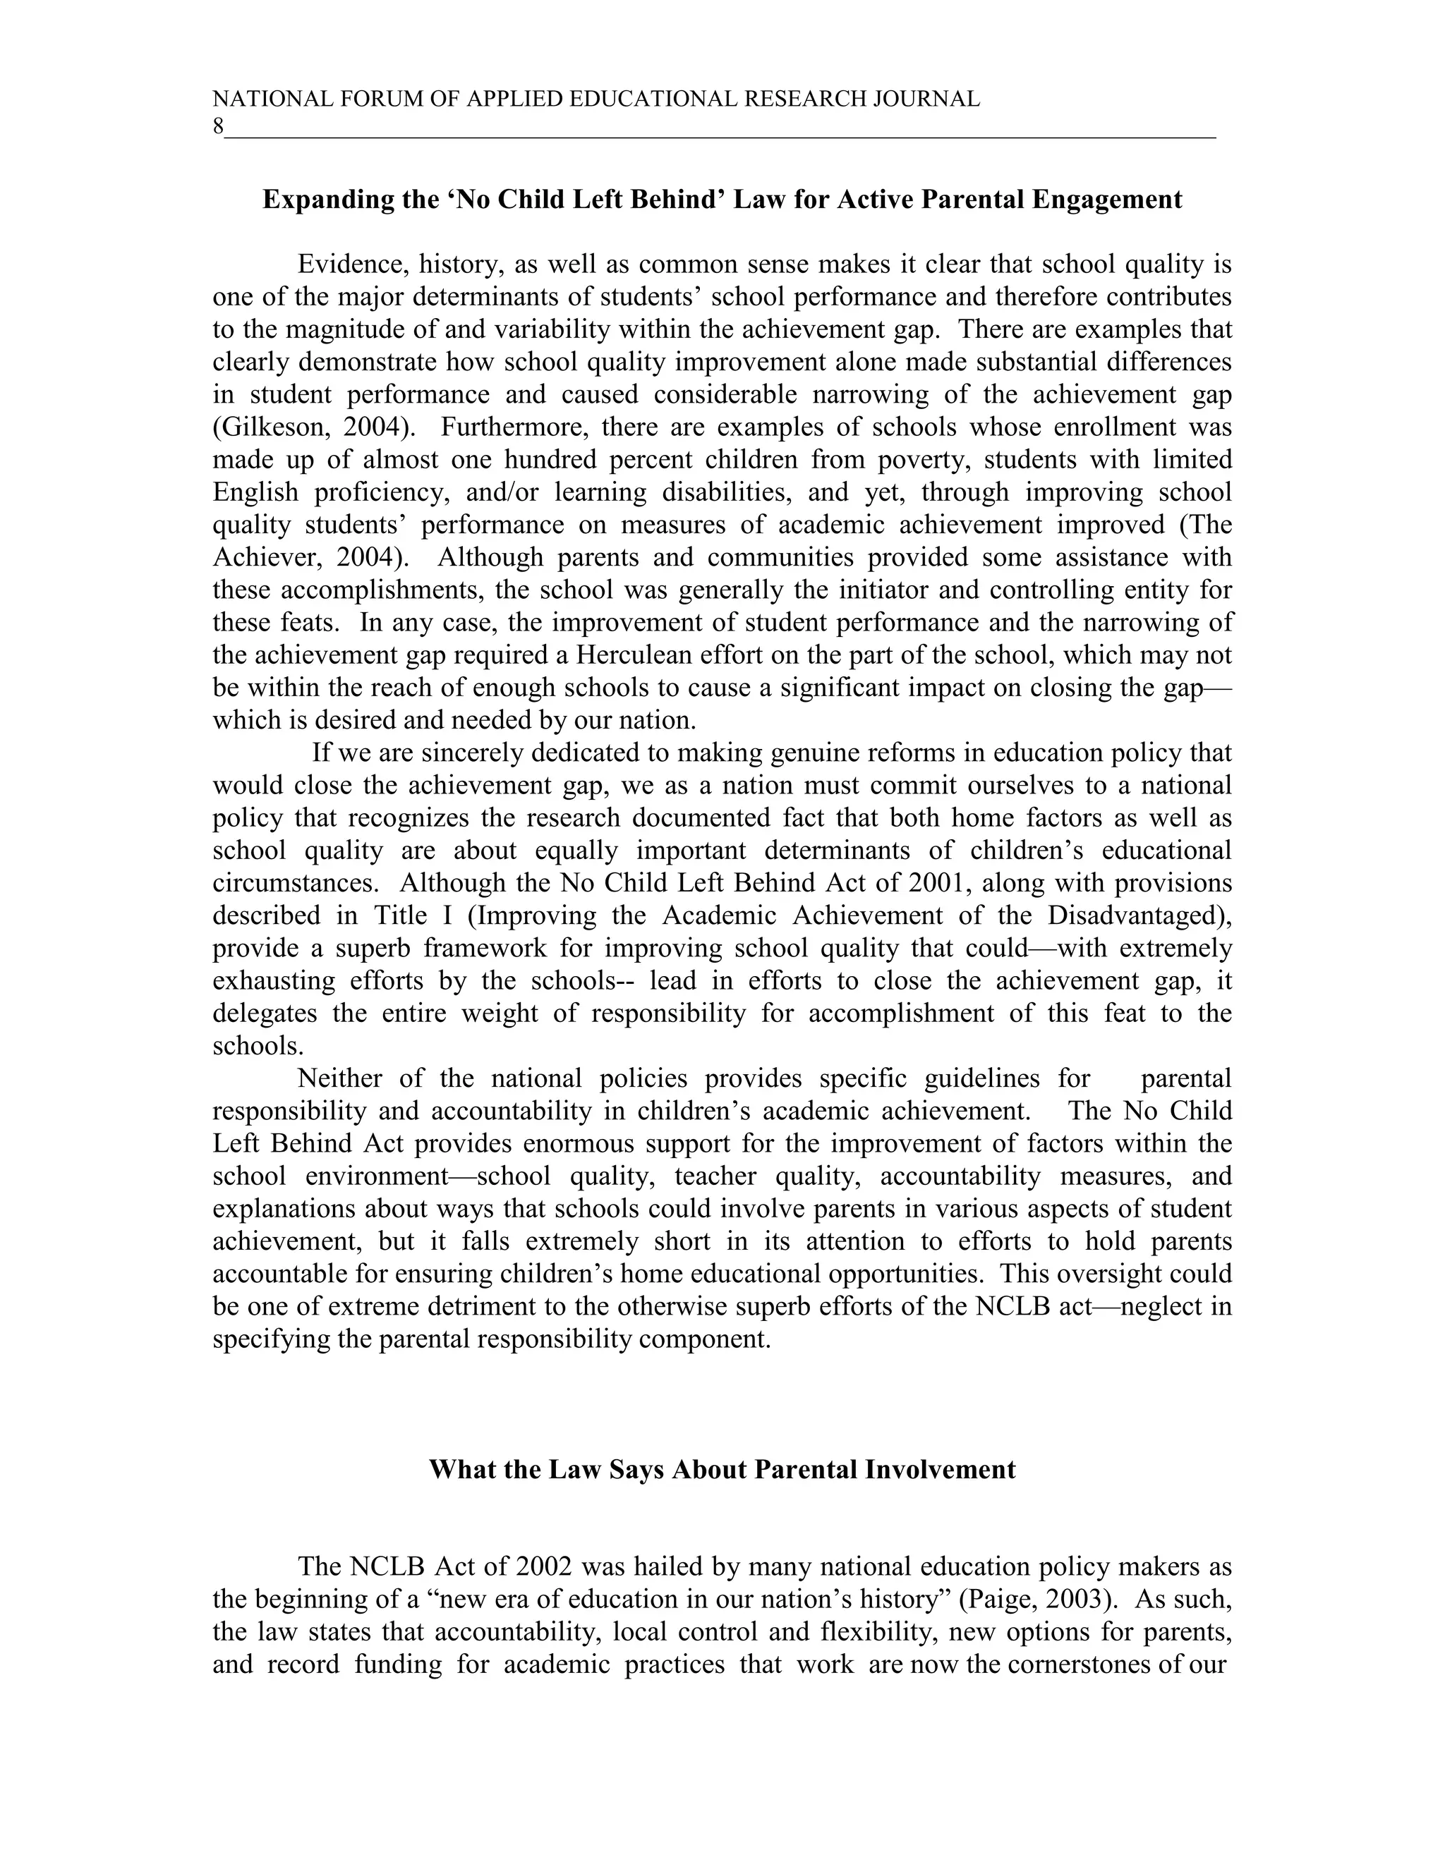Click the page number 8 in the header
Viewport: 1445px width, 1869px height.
[x=217, y=127]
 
